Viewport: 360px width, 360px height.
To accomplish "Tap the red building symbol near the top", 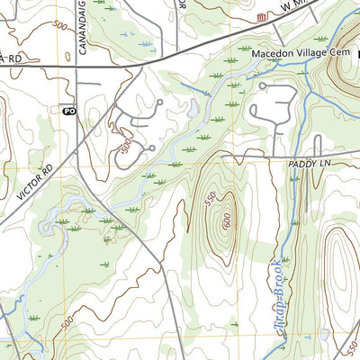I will (262, 18).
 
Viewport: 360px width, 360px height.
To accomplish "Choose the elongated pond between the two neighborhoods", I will (193, 109).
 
